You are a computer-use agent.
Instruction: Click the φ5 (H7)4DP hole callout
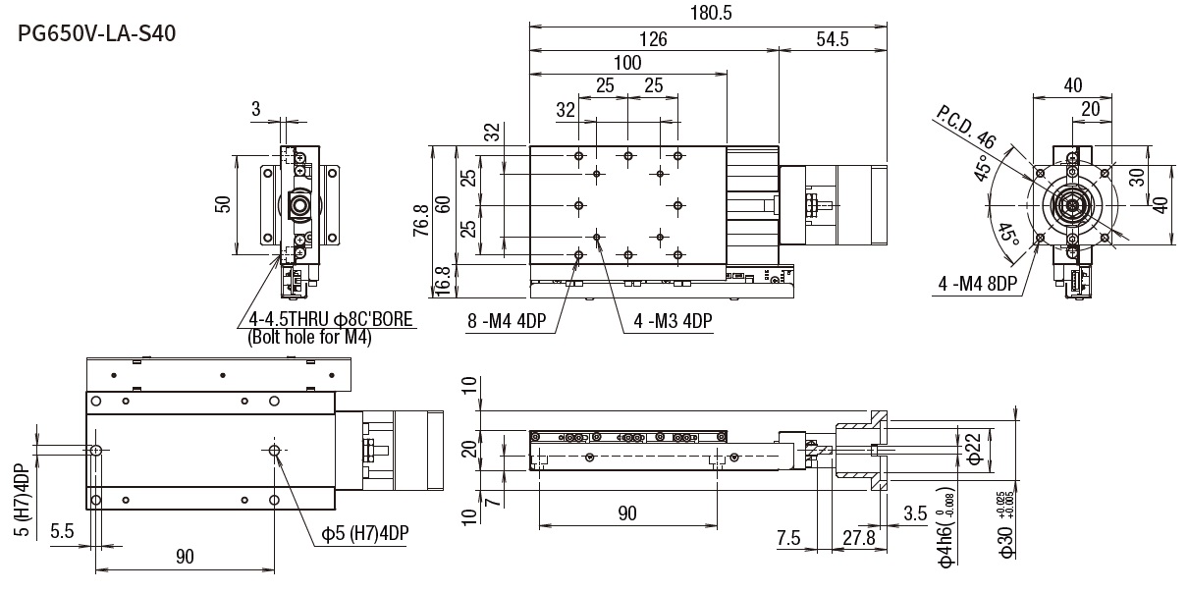[365, 533]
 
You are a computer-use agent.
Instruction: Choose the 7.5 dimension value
[788, 539]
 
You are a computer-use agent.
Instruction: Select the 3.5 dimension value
[915, 512]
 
